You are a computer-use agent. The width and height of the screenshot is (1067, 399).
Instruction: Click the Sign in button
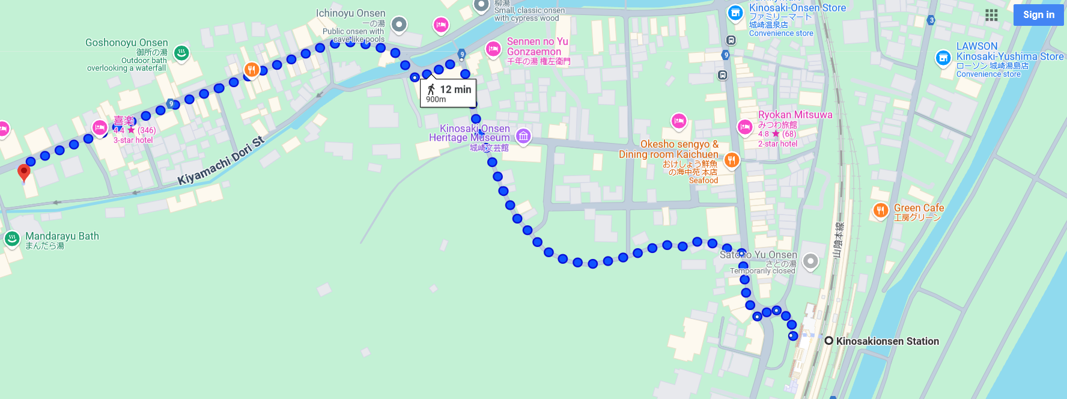point(1038,15)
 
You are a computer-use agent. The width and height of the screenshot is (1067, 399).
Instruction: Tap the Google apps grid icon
point(991,15)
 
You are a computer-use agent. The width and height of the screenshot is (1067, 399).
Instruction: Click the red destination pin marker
point(24,172)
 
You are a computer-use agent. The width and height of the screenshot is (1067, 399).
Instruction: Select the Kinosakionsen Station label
point(887,341)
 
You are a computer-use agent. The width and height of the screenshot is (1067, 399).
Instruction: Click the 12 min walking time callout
point(448,93)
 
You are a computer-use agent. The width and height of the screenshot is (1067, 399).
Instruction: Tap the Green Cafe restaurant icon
point(880,210)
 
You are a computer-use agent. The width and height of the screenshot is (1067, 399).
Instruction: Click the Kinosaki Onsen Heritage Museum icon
point(523,136)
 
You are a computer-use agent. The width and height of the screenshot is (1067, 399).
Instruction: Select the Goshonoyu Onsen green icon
point(181,53)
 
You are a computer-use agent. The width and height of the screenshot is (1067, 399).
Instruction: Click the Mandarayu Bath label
point(62,236)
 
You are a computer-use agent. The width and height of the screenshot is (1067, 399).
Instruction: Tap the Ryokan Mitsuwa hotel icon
point(745,127)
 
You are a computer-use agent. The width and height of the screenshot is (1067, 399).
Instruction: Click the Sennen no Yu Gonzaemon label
point(537,47)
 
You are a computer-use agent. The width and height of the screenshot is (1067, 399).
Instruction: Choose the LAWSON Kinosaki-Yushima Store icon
point(943,58)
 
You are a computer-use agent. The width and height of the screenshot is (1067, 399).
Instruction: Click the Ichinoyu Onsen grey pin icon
point(399,25)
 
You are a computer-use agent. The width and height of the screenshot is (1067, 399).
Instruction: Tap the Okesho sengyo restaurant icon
point(731,160)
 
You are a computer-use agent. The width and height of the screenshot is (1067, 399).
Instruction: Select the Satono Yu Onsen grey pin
point(810,261)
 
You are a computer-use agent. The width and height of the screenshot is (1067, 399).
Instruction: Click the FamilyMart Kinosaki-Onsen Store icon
point(735,13)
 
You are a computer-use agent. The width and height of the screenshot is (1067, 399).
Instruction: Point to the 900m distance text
point(436,100)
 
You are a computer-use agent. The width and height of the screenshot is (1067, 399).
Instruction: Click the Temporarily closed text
point(762,271)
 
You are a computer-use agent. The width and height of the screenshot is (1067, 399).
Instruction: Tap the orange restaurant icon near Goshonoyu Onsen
point(251,70)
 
